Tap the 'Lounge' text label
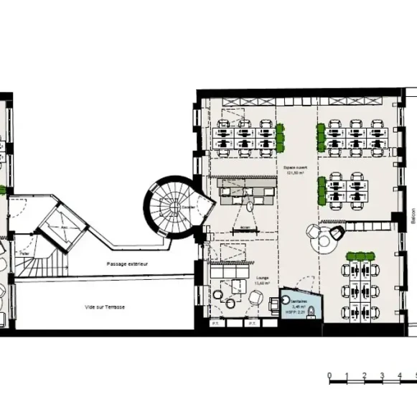[262, 276]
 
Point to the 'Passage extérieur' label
[126, 264]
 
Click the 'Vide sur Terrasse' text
[106, 307]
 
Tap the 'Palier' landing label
[24, 253]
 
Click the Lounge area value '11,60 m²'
[262, 282]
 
